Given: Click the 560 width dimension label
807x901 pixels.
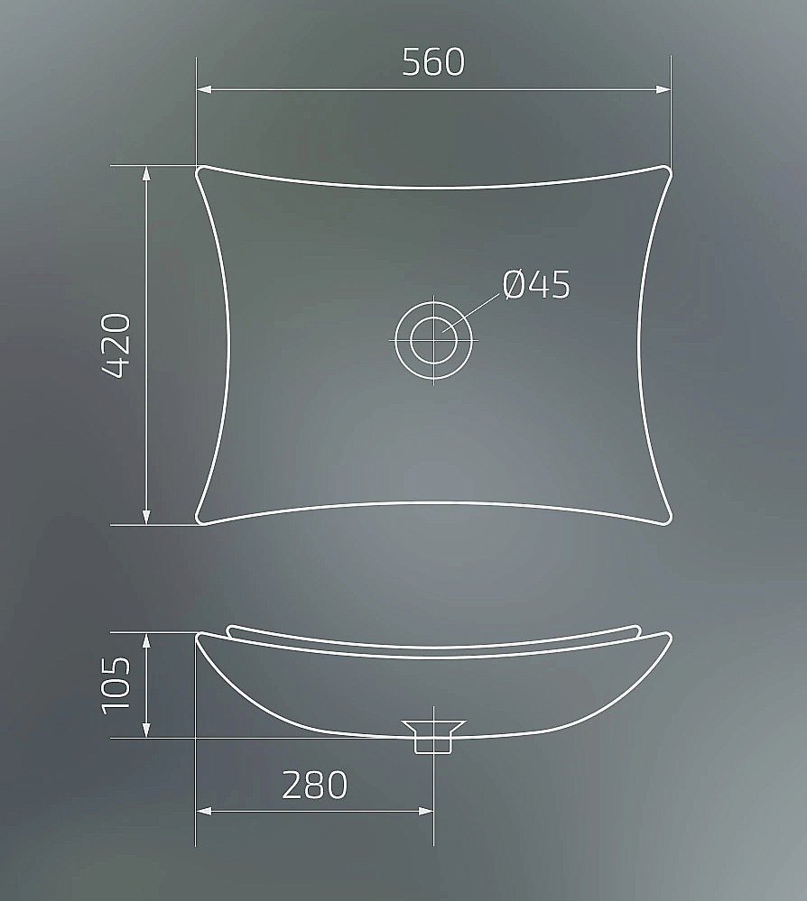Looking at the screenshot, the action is click(433, 62).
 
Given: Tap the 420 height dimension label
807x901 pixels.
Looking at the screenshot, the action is click(116, 345).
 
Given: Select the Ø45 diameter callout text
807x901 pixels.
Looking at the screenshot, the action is click(536, 284).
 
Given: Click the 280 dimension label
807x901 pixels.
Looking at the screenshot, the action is click(315, 785).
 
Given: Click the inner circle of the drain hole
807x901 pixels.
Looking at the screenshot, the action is click(433, 340).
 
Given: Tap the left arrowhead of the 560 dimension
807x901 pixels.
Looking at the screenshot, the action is click(204, 89).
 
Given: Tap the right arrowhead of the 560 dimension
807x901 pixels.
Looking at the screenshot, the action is click(663, 89).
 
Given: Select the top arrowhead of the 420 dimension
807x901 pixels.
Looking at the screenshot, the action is click(146, 174).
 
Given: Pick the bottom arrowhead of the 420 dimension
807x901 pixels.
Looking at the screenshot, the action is click(146, 517).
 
